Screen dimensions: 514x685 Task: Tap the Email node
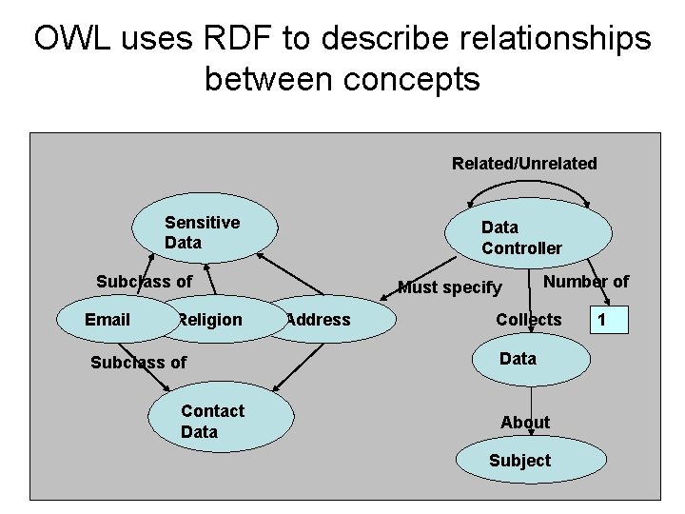[108, 320]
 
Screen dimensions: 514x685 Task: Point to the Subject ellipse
[519, 461]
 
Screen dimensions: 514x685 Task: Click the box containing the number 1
[607, 320]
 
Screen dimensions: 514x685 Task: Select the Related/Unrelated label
[524, 164]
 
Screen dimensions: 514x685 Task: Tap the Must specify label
[449, 287]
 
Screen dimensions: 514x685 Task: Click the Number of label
[585, 281]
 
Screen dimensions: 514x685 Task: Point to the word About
[525, 422]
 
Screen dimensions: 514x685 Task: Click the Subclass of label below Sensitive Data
[144, 281]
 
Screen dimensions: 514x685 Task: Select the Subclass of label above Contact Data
[138, 362]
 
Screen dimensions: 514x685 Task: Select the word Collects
[529, 320]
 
